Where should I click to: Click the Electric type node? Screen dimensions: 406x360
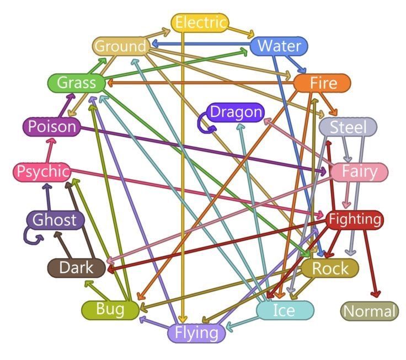tap(200, 23)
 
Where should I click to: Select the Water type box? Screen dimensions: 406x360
tap(279, 46)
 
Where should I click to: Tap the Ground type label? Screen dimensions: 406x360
tap(121, 46)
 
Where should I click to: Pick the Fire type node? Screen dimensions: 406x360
tap(322, 83)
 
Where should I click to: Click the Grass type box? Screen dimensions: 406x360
tap(77, 83)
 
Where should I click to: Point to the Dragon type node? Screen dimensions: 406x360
tap(236, 112)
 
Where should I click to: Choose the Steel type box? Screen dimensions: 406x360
tap(348, 127)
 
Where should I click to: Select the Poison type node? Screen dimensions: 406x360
tap(52, 127)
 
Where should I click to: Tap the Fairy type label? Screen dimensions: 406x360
tap(360, 171)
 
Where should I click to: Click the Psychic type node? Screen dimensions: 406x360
tap(42, 171)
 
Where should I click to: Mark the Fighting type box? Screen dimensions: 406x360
tap(355, 220)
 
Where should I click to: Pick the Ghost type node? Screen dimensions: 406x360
tap(55, 220)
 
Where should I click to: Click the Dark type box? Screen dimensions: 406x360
tap(77, 267)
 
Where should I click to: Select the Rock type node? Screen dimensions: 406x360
tap(330, 268)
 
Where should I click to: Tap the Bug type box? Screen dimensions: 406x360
tap(110, 309)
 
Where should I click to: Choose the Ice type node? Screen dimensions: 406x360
tap(285, 310)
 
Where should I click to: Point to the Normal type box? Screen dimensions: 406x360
tap(370, 311)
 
